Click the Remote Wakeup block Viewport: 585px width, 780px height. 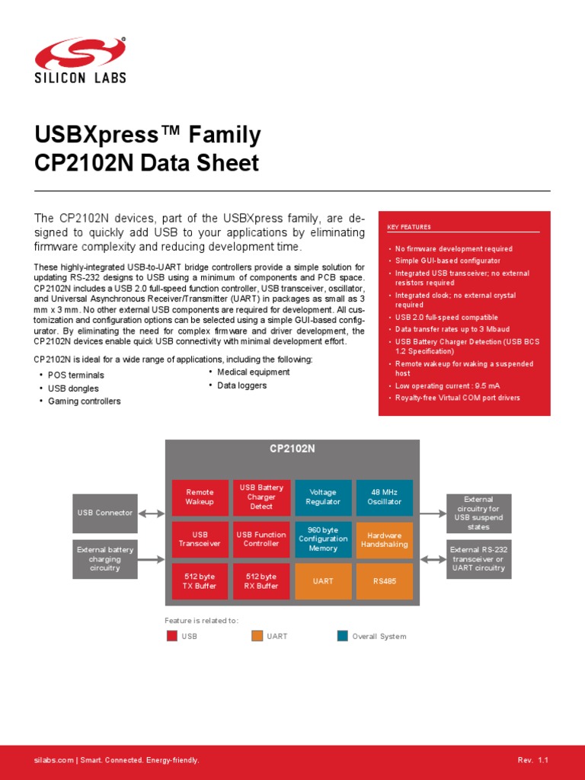(200, 497)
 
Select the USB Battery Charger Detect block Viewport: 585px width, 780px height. (261, 497)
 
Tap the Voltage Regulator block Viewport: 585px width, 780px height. (323, 497)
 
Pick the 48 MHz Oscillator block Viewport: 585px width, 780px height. (384, 497)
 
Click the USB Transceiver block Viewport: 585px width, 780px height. (200, 539)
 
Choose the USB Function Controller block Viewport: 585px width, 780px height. (261, 539)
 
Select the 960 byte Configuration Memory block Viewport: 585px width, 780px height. (323, 539)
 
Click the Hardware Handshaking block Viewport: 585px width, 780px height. (384, 539)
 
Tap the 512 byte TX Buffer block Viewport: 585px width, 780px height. (200, 581)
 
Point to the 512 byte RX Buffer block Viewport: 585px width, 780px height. (261, 581)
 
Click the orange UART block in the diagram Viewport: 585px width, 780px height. (323, 581)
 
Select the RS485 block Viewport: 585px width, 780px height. (384, 581)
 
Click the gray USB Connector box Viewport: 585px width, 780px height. (105, 513)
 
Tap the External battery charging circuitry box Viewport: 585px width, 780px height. (105, 558)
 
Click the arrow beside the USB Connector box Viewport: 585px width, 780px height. (152, 513)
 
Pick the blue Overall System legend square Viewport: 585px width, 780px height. (343, 636)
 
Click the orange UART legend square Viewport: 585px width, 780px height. (257, 636)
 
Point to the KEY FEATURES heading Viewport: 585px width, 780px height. (409, 227)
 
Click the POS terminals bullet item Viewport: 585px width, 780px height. (76, 376)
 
